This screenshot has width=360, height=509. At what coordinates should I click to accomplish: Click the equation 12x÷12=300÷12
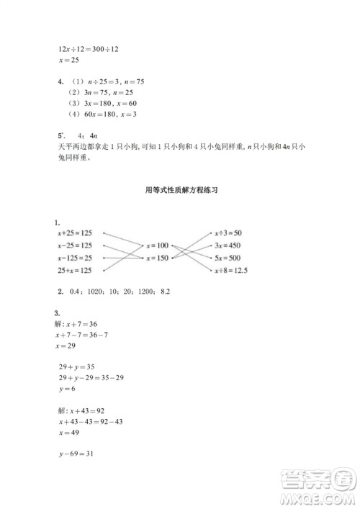coord(88,48)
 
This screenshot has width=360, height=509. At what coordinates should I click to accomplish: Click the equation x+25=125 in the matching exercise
coord(75,234)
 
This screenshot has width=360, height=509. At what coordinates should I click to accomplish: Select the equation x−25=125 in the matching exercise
coord(75,246)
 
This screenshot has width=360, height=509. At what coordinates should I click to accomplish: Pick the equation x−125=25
coord(75,258)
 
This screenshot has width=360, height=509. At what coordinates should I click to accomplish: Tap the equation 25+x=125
coord(75,270)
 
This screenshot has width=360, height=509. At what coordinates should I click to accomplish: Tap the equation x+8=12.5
coord(230,270)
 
